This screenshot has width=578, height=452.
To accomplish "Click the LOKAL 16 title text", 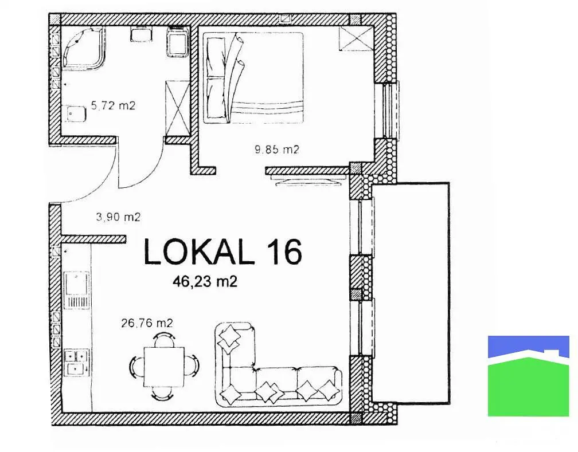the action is point(222,251).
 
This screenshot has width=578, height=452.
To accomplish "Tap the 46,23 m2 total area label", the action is point(205,282).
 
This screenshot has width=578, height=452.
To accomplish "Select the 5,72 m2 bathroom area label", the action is point(113,106).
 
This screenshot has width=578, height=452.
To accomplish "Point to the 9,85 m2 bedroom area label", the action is point(277,150).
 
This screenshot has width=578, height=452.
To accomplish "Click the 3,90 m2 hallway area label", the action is point(118,217).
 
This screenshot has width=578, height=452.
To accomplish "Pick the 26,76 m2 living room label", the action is point(147,324).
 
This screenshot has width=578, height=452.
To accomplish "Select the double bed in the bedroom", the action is point(253,77).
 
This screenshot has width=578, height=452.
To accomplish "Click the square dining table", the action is point(164,367).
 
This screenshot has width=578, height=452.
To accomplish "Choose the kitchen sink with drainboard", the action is point(77,290).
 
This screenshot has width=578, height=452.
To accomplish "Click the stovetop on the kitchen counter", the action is point(77,363).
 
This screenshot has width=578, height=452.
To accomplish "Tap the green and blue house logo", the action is point(529,376).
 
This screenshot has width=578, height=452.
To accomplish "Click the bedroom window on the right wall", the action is point(390,110).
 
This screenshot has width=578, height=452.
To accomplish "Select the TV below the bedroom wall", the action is point(308,180).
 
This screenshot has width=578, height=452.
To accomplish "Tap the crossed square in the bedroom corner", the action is point(356,38).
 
